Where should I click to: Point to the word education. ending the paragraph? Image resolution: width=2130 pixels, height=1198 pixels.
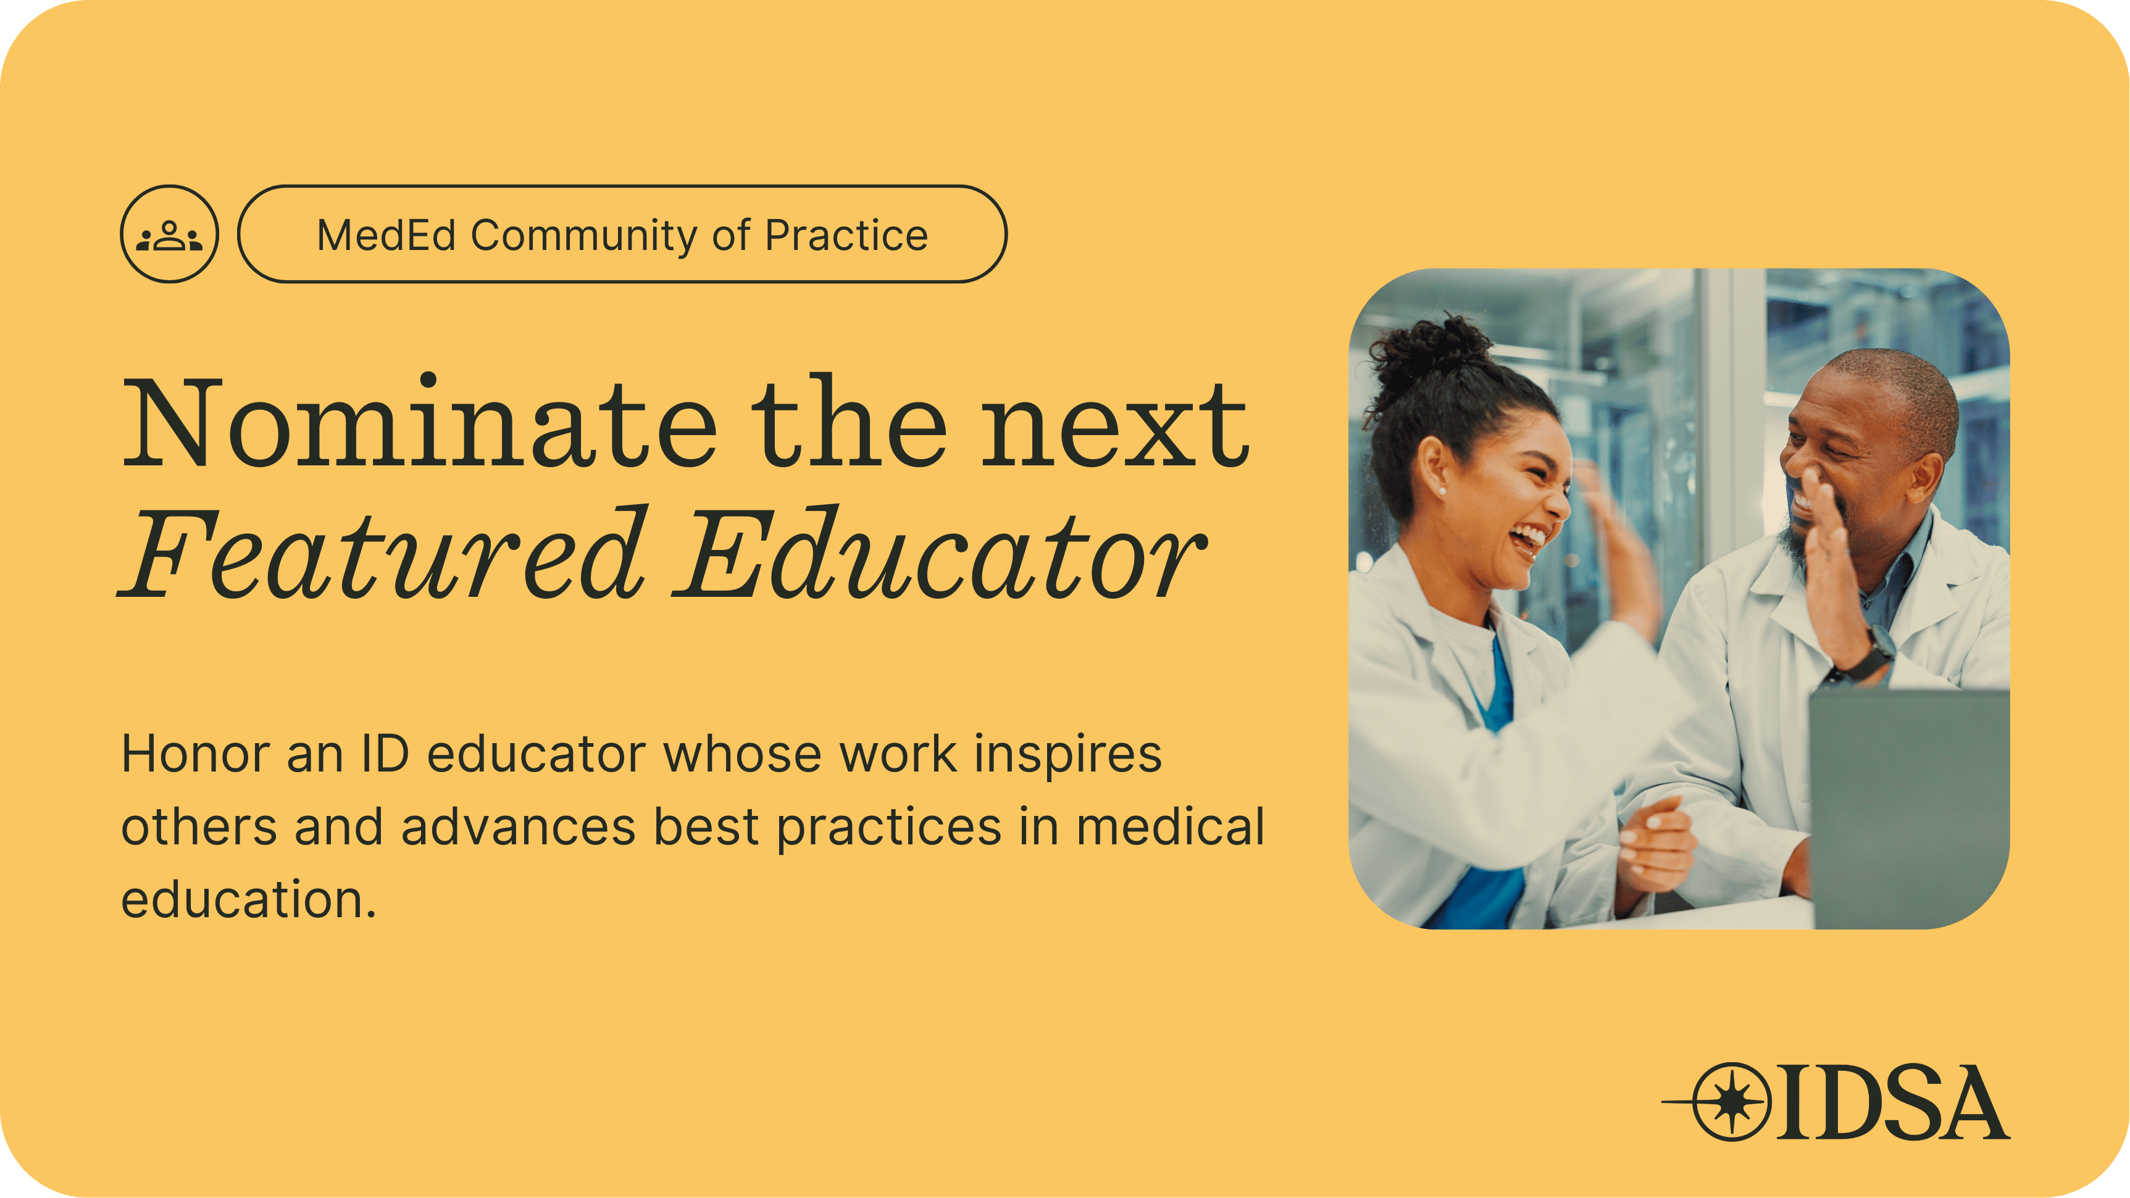[x=249, y=899]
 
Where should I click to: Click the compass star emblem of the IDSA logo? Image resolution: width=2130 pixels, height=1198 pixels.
[x=1731, y=1102]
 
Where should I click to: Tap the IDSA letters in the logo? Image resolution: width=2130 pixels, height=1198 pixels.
[x=1894, y=1102]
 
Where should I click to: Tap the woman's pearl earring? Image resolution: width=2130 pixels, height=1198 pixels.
[x=1443, y=491]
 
